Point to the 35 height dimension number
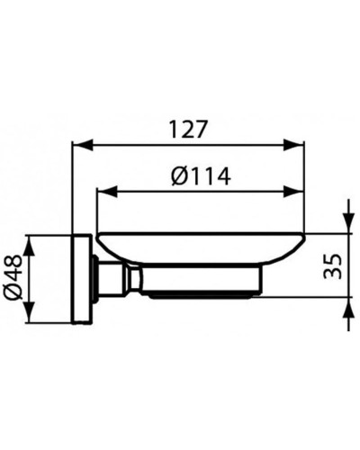331,265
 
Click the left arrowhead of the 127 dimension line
78,145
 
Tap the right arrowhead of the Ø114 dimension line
299,191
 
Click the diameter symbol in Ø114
176,176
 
